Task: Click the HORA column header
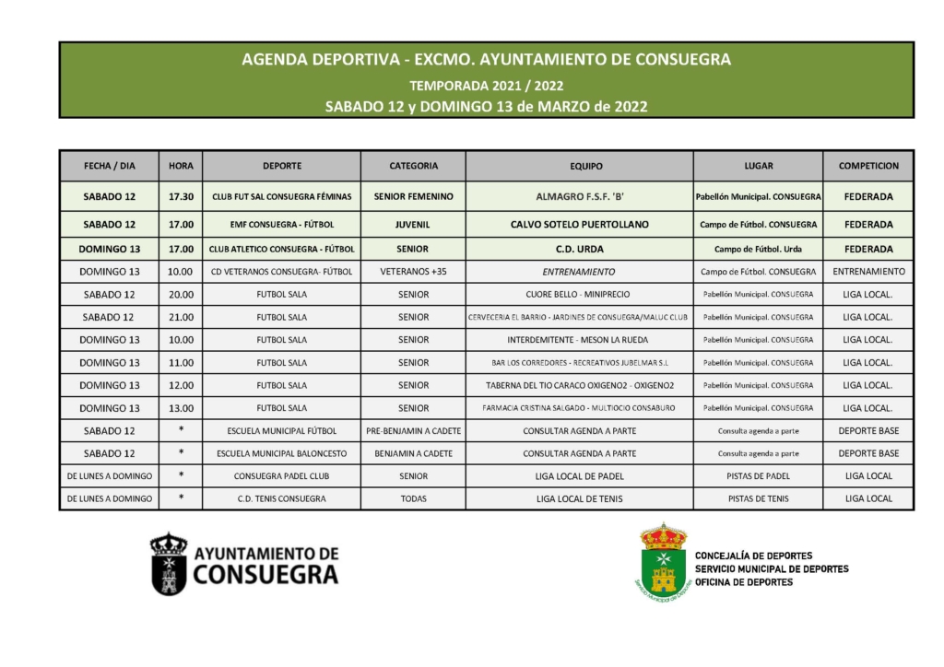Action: tap(181, 166)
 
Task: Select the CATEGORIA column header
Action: tap(413, 166)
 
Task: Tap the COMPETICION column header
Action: tap(868, 166)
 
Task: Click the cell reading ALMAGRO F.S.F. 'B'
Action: tap(579, 196)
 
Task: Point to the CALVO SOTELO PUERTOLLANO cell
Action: tap(579, 224)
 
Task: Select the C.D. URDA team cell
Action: tap(579, 249)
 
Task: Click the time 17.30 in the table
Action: tap(181, 196)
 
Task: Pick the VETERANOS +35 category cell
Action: tap(413, 272)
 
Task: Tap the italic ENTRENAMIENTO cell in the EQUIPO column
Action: tap(579, 272)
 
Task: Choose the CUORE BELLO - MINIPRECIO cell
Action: tap(579, 295)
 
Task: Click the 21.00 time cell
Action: tap(181, 317)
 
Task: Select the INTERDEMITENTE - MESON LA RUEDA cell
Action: tap(579, 340)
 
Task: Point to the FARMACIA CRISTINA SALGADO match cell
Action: tap(579, 408)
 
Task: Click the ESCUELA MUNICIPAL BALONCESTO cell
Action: tap(282, 453)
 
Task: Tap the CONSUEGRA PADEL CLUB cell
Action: tap(282, 476)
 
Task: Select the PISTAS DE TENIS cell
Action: tap(758, 498)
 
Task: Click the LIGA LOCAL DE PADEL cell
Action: tap(579, 476)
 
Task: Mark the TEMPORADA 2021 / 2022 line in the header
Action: tap(486, 86)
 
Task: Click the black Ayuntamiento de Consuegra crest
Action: tap(169, 563)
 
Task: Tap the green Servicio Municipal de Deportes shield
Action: tap(663, 561)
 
